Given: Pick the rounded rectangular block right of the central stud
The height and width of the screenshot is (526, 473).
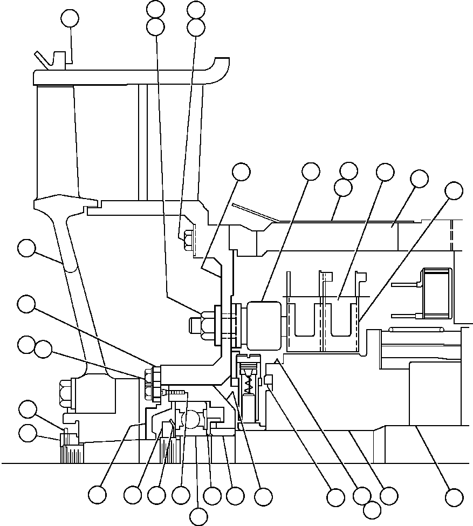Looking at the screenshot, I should [x=264, y=325].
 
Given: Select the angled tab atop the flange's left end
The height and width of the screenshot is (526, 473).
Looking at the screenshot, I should [x=45, y=60].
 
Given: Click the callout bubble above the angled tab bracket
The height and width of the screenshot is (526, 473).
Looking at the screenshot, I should [x=70, y=18].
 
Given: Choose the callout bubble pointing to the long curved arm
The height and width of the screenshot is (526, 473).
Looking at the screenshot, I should [x=26, y=249].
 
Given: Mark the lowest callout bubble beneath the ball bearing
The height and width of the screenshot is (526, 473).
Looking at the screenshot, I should [x=199, y=516].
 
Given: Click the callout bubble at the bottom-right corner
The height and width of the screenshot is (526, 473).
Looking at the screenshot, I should [x=454, y=497].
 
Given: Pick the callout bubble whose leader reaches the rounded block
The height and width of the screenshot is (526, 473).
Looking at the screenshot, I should [x=311, y=172].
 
